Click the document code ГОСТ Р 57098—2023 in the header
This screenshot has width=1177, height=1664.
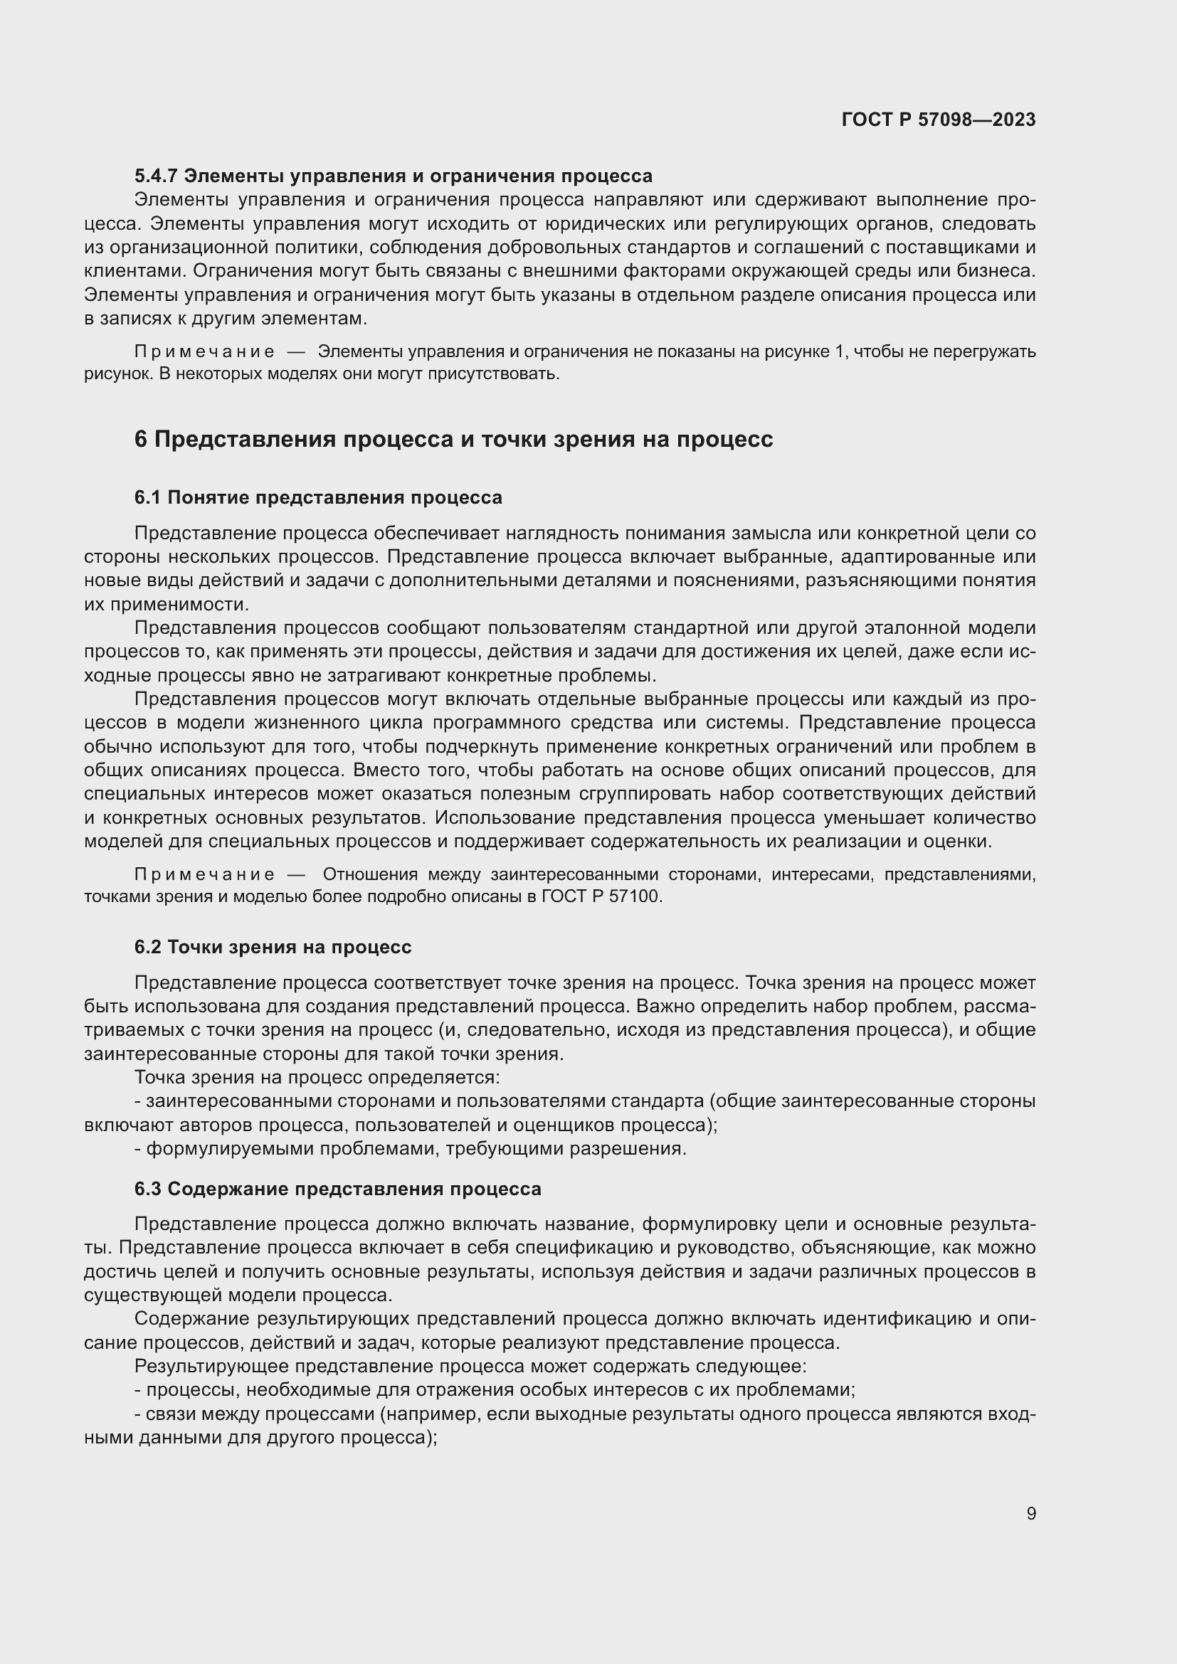(938, 120)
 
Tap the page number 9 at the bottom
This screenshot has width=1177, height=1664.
(1030, 1514)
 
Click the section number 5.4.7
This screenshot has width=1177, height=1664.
(157, 176)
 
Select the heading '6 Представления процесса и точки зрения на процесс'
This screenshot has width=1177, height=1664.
(453, 439)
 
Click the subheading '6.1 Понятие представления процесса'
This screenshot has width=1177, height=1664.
(317, 498)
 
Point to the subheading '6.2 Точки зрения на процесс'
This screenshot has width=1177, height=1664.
(273, 947)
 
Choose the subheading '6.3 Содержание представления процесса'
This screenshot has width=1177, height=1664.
(337, 1189)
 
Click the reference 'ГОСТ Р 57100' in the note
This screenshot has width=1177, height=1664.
(601, 896)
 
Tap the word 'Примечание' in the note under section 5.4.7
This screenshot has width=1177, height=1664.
(204, 352)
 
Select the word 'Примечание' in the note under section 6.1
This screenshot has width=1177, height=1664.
(204, 875)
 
